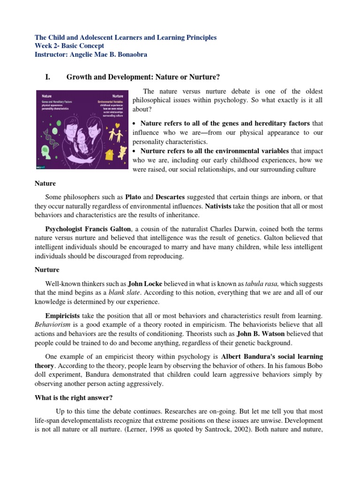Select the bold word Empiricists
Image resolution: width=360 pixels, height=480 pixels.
tap(62, 316)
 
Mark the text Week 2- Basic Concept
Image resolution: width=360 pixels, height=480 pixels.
tap(70, 46)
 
